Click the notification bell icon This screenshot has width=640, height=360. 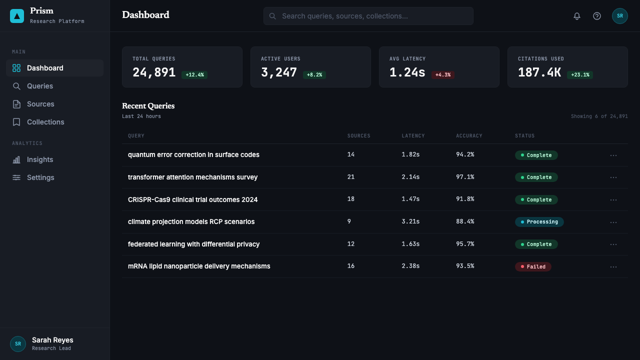pyautogui.click(x=577, y=16)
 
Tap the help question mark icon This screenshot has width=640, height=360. pyautogui.click(x=597, y=16)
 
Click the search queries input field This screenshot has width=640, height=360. pyautogui.click(x=368, y=16)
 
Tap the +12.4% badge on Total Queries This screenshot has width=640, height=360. pyautogui.click(x=194, y=75)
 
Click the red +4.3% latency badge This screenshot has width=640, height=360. pyautogui.click(x=443, y=75)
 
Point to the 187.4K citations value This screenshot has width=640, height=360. pyautogui.click(x=539, y=72)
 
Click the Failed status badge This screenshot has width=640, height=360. pyautogui.click(x=533, y=266)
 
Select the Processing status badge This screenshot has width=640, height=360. pyautogui.click(x=539, y=221)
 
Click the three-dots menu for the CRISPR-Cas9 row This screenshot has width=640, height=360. pyautogui.click(x=613, y=200)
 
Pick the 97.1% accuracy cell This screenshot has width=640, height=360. pyautogui.click(x=465, y=177)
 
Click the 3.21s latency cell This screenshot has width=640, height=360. pyautogui.click(x=410, y=221)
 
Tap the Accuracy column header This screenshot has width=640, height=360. pyautogui.click(x=469, y=135)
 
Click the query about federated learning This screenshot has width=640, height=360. pyautogui.click(x=193, y=244)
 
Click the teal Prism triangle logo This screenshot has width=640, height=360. pyautogui.click(x=17, y=16)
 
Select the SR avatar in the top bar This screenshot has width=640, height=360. pyautogui.click(x=619, y=16)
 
